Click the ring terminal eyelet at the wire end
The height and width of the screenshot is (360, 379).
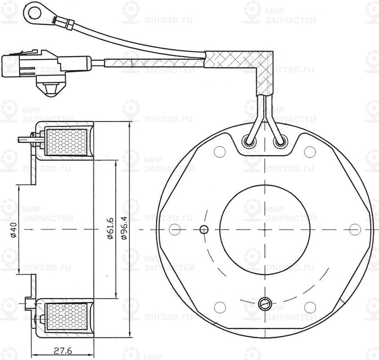tap(33, 8)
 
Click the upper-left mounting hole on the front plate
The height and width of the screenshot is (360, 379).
tap(219, 152)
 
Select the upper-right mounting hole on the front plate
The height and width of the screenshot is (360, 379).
tap(309, 152)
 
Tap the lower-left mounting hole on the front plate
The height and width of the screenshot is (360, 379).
tap(219, 307)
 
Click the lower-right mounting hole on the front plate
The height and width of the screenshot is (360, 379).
tap(309, 307)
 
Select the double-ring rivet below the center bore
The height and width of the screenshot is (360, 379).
tap(265, 303)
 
